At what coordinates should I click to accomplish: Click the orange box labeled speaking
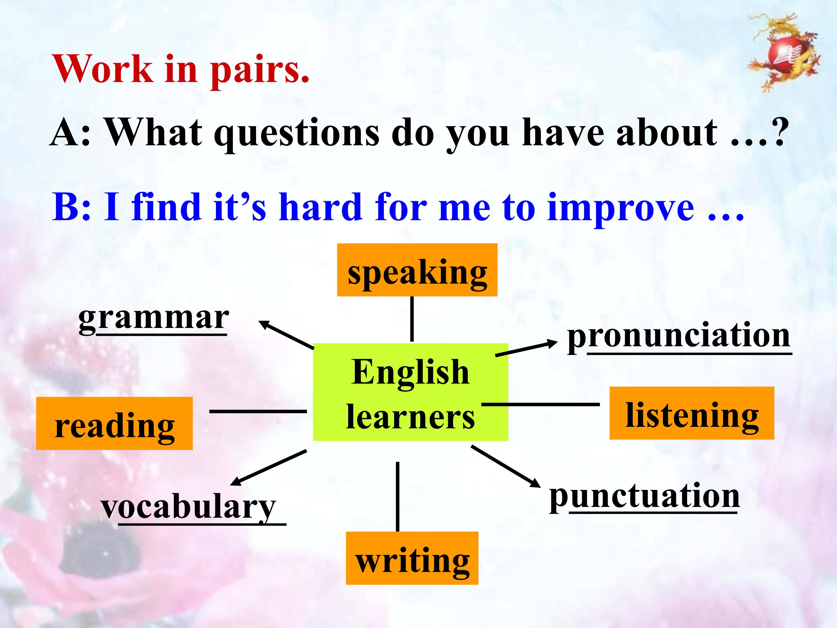point(417,270)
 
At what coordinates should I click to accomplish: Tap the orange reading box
point(114,423)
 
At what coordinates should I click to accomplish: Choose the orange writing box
point(412,558)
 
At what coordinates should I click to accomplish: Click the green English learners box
point(411,392)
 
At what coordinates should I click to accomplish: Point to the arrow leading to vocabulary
point(268,468)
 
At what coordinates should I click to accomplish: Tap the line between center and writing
point(397,497)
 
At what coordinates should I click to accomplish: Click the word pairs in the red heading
point(260,69)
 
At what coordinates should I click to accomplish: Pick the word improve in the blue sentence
point(621,208)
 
